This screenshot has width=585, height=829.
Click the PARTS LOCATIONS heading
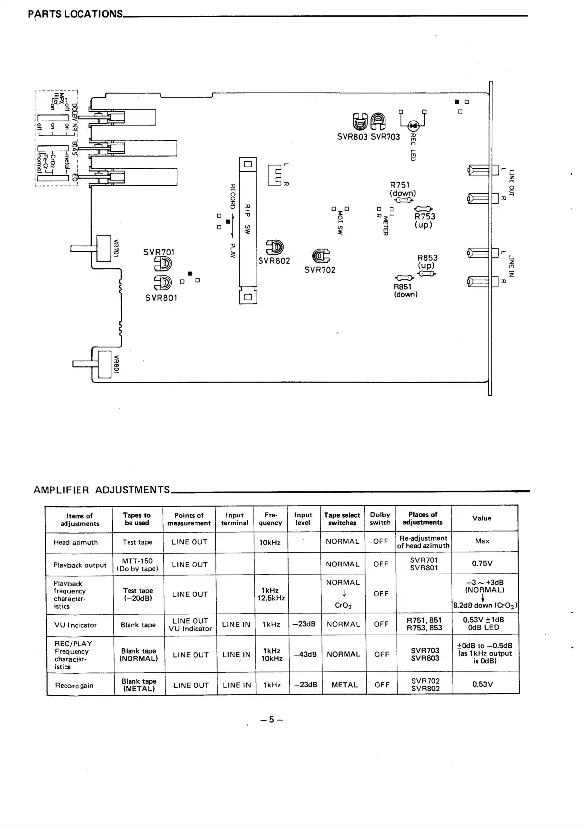[x=75, y=14]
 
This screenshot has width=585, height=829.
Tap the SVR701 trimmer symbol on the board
[x=165, y=264]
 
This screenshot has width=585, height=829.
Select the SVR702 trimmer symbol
[x=320, y=256]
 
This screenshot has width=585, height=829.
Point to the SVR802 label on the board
[x=274, y=261]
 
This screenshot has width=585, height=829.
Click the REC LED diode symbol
[x=413, y=126]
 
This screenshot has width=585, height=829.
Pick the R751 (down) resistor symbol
[x=403, y=200]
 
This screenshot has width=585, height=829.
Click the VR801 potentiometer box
[x=104, y=365]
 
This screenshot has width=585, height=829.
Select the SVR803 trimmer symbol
[x=359, y=121]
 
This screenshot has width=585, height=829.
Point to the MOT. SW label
[x=340, y=222]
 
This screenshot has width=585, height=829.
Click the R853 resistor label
[x=427, y=257]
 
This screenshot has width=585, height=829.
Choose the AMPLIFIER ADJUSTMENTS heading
[x=102, y=490]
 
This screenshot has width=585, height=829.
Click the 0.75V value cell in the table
[x=482, y=564]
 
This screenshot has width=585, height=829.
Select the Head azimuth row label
[x=75, y=542]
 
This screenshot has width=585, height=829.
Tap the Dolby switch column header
[x=380, y=518]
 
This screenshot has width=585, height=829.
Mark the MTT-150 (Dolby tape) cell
[x=137, y=565]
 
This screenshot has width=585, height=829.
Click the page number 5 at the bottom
[x=271, y=720]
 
